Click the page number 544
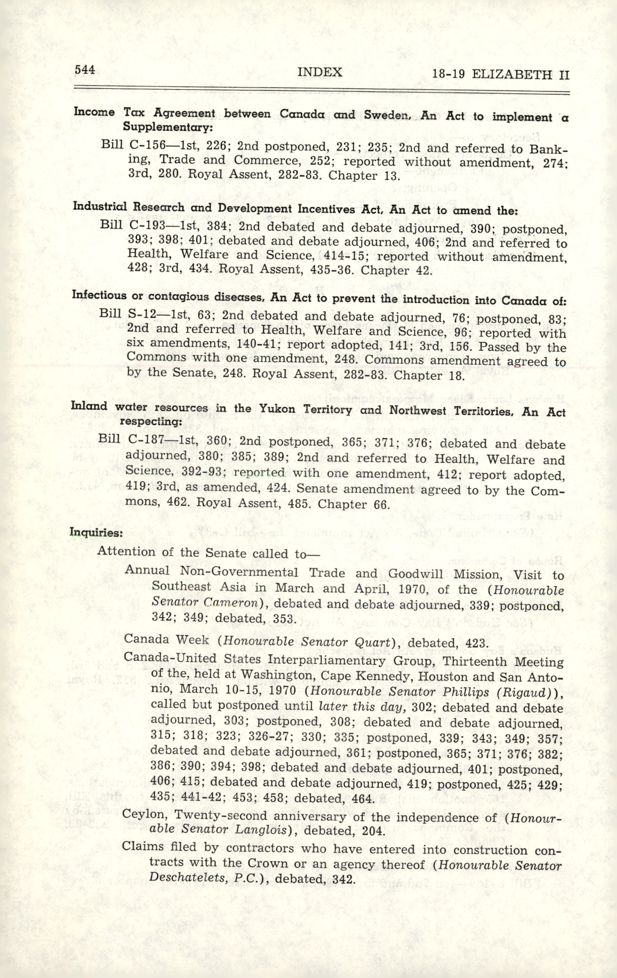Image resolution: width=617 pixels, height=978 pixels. tap(84, 70)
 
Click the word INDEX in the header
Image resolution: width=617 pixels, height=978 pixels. tap(320, 72)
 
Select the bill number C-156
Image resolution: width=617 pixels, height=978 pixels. tap(145, 145)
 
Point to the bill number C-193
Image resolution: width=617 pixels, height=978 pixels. tap(144, 225)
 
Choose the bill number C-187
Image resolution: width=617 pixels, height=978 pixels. tap(143, 440)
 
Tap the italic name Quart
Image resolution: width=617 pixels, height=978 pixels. tap(376, 642)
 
